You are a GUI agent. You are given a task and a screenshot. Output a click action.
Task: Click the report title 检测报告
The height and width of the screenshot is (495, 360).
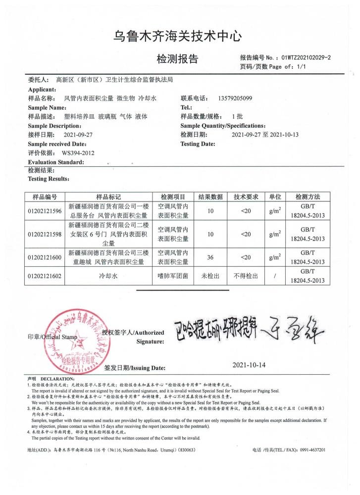coord(177,59)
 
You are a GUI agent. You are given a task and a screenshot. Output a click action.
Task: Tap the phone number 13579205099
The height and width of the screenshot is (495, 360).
coord(235,99)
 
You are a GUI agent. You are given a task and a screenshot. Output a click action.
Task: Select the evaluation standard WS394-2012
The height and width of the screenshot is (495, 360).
coord(78,153)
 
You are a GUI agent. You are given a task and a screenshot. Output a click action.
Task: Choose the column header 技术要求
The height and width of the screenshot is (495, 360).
coord(246,197)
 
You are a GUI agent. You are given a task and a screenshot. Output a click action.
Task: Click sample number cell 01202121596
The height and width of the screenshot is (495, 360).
coord(45,212)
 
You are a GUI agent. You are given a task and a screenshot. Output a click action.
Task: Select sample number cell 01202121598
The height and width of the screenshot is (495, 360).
coord(45,234)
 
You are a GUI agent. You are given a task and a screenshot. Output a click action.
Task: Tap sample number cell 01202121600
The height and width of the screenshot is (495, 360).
coord(45,257)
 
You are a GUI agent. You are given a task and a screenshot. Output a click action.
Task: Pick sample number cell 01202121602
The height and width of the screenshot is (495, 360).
coord(45,276)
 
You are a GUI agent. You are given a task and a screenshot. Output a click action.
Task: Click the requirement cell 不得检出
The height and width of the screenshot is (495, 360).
coord(246,276)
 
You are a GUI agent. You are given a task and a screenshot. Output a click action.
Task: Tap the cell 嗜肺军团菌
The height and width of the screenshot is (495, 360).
coord(171,276)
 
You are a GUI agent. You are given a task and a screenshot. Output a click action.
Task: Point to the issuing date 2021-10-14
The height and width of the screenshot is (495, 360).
coord(249,365)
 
